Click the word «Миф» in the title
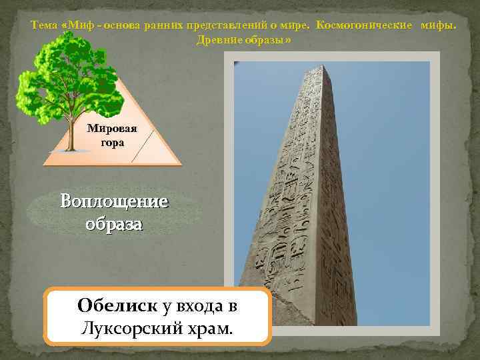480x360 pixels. tap(79, 26)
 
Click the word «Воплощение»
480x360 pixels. tap(114, 201)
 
